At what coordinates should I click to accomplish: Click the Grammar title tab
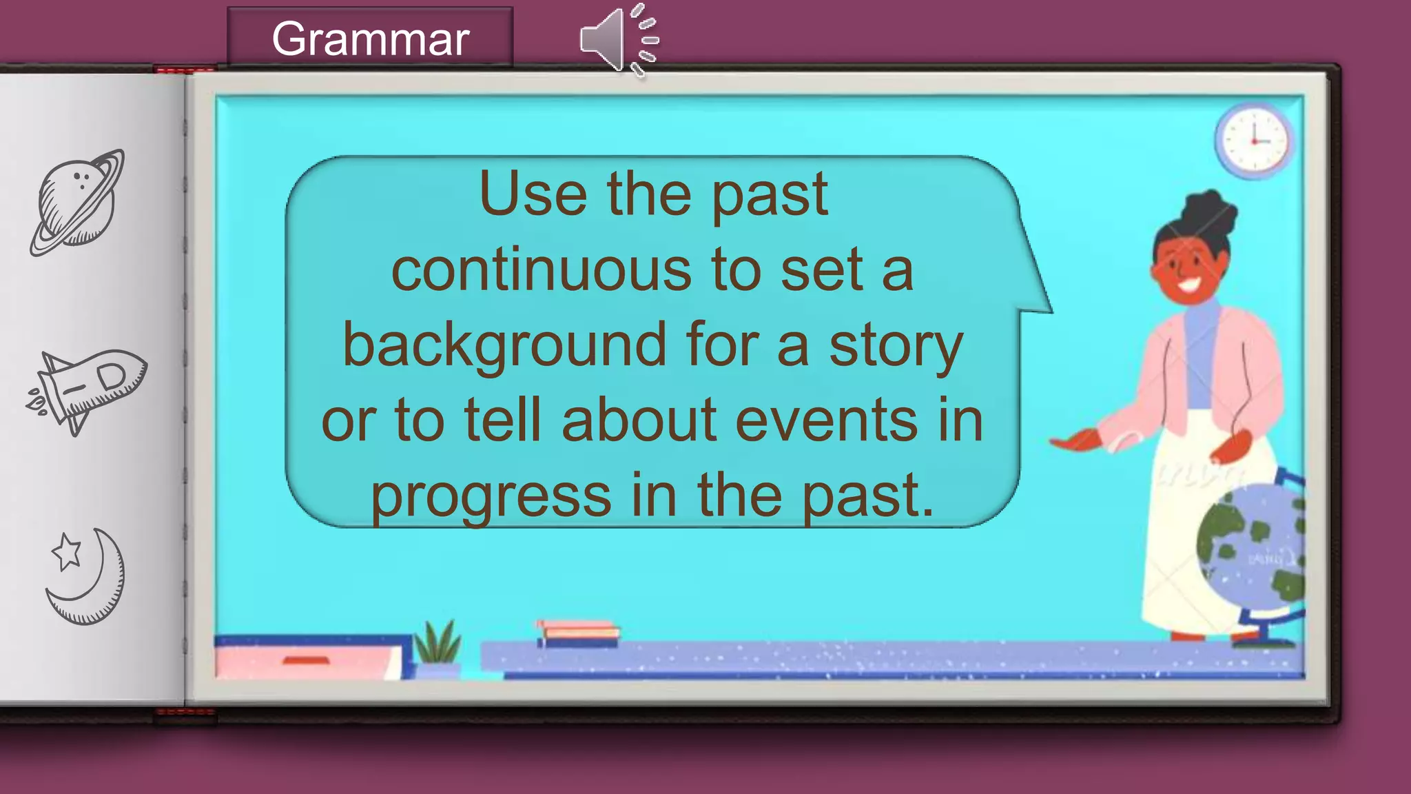(x=370, y=39)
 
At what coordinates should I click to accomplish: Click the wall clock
(x=1254, y=141)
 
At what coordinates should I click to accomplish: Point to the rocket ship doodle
(x=88, y=388)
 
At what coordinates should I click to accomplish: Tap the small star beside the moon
(x=67, y=551)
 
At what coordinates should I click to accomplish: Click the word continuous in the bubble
(x=541, y=270)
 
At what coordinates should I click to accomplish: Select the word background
(x=504, y=345)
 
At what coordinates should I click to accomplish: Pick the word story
(x=895, y=345)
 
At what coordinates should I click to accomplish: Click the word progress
(x=491, y=496)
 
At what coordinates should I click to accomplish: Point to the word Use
(x=533, y=195)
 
